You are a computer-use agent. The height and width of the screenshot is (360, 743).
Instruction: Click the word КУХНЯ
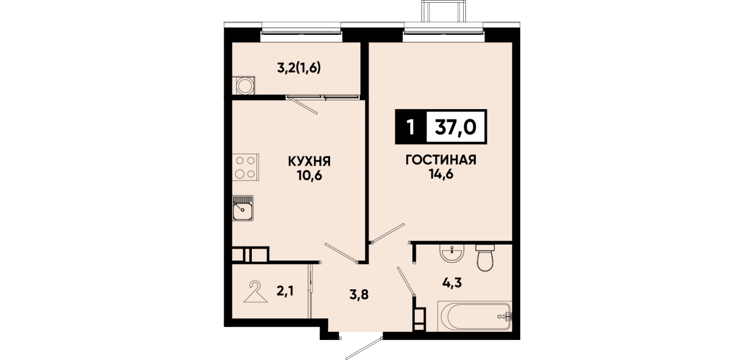coord(309,162)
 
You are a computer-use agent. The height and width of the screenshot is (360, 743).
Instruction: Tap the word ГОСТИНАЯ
coord(441,160)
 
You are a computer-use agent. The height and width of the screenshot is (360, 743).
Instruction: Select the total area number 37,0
coord(456,127)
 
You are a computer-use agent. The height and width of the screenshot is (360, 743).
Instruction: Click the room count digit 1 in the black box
coord(411,127)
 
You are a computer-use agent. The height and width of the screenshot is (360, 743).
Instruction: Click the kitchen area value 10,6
coord(310,176)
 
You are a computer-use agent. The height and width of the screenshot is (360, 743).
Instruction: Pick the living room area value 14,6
coord(441,174)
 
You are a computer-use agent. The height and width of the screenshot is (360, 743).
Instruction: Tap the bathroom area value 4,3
coord(452,283)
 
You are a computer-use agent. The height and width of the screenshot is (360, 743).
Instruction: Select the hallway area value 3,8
coord(359,294)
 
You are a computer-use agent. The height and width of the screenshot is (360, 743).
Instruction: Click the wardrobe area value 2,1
coord(285,291)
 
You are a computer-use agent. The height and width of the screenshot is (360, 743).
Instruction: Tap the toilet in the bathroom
coord(485,258)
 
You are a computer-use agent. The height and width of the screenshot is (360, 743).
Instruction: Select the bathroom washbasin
coord(452,254)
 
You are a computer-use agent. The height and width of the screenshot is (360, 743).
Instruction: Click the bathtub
coord(475,316)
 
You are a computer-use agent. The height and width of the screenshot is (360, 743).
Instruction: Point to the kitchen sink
coord(243,208)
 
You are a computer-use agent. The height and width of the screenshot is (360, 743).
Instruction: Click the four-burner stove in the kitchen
coord(246,167)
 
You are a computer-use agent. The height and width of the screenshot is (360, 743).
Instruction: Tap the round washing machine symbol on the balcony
coord(246,86)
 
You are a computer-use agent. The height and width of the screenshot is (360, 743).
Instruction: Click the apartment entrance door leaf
coord(364,349)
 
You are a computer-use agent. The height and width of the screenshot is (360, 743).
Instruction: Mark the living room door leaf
coord(388,233)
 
